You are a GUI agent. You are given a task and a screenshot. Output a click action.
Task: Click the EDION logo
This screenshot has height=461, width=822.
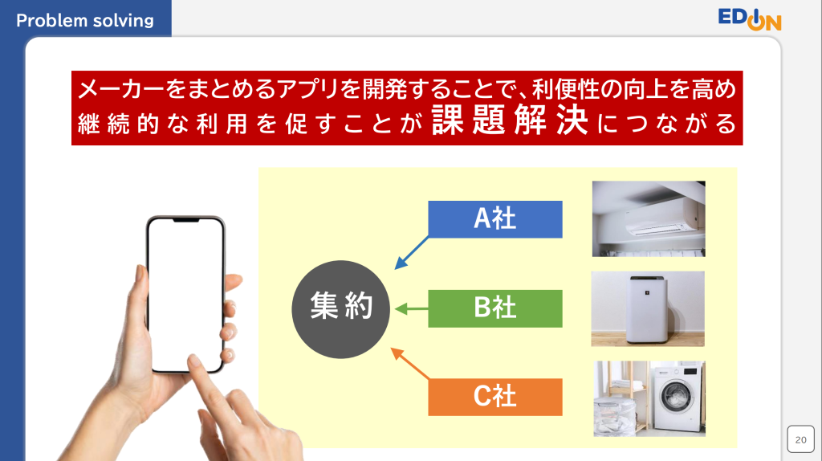(x=750, y=19)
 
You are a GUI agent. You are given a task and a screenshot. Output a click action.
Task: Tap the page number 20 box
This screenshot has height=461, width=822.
(x=800, y=439)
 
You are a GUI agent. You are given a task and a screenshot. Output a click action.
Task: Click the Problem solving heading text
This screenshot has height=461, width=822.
(x=85, y=20)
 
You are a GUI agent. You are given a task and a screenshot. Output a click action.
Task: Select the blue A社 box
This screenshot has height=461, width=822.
(x=494, y=219)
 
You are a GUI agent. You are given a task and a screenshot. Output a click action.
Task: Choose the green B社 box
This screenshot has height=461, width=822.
(x=494, y=308)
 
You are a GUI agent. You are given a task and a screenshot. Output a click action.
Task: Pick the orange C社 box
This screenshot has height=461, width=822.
(x=494, y=397)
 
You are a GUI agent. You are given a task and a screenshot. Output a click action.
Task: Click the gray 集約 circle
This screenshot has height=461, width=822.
(x=340, y=309)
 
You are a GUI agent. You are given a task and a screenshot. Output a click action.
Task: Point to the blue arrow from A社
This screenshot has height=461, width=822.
(x=412, y=253)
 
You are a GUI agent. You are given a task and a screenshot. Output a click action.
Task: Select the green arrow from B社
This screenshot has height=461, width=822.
(x=412, y=309)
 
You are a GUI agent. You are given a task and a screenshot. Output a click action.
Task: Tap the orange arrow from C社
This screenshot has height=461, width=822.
(x=410, y=364)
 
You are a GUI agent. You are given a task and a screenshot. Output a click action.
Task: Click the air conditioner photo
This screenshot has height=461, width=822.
(x=649, y=218)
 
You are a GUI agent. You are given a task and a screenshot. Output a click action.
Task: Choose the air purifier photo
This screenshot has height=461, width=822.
(x=648, y=309)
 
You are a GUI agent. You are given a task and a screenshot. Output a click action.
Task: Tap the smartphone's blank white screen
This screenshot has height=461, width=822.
(x=185, y=294)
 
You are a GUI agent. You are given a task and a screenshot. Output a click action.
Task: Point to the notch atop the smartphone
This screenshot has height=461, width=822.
(x=186, y=220)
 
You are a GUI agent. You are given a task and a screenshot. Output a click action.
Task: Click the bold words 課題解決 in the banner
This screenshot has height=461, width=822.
(x=510, y=120)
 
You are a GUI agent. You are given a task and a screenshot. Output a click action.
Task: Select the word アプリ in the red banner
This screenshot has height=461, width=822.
(x=307, y=89)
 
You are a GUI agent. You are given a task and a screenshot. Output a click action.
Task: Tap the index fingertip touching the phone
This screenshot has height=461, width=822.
(x=194, y=361)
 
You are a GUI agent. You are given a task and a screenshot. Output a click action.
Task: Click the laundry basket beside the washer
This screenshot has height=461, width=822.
(x=614, y=416)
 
